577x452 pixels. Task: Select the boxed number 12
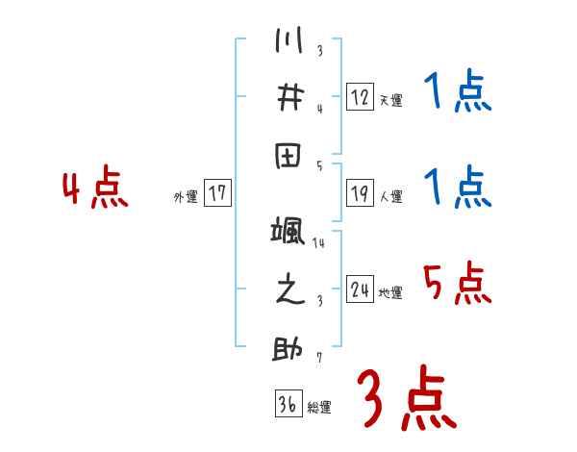coord(360,96)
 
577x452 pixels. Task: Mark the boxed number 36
coord(288,404)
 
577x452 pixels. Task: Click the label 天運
coord(390,100)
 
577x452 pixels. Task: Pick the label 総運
coord(319,408)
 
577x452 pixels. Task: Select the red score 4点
coord(93,189)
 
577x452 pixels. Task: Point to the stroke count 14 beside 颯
coord(319,243)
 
